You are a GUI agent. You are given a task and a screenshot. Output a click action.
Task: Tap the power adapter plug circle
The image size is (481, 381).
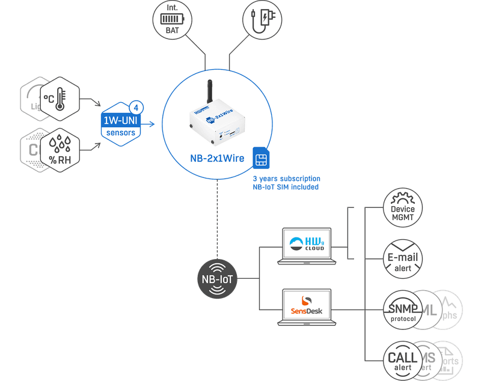tap(263, 21)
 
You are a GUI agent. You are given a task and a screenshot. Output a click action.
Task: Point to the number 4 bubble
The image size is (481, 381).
tap(137, 108)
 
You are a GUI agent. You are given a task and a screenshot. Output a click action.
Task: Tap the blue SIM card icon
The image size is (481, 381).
tap(261, 159)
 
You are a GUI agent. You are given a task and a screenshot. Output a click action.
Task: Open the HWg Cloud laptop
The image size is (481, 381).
tap(307, 246)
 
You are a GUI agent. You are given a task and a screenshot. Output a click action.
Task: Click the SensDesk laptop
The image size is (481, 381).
tap(307, 306)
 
